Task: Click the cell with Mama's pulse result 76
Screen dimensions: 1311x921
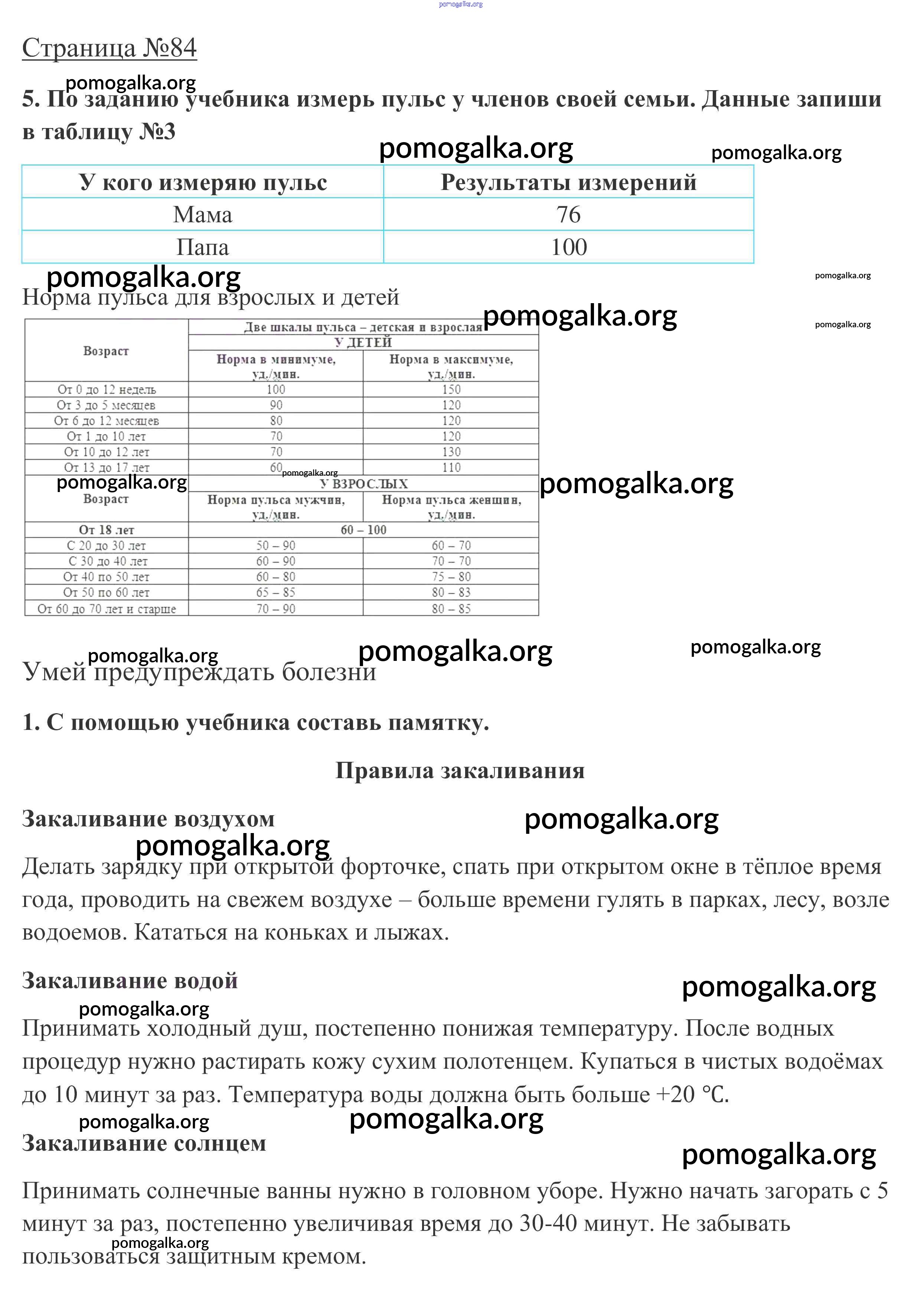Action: pyautogui.click(x=568, y=215)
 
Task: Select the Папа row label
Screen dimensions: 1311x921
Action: pyautogui.click(x=202, y=247)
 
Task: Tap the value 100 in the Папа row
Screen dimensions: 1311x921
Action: pyautogui.click(x=568, y=247)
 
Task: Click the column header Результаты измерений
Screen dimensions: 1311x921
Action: pyautogui.click(x=568, y=183)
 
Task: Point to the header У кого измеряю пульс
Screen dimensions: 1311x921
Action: pyautogui.click(x=202, y=183)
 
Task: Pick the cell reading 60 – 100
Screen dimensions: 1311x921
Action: pyautogui.click(x=363, y=530)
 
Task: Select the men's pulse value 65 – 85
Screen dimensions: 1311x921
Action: pyautogui.click(x=275, y=593)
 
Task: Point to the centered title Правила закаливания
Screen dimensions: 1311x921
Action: pyautogui.click(x=460, y=770)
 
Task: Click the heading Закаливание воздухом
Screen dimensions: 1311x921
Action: pyautogui.click(x=148, y=819)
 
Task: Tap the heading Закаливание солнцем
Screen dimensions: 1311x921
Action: pyautogui.click(x=144, y=1143)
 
